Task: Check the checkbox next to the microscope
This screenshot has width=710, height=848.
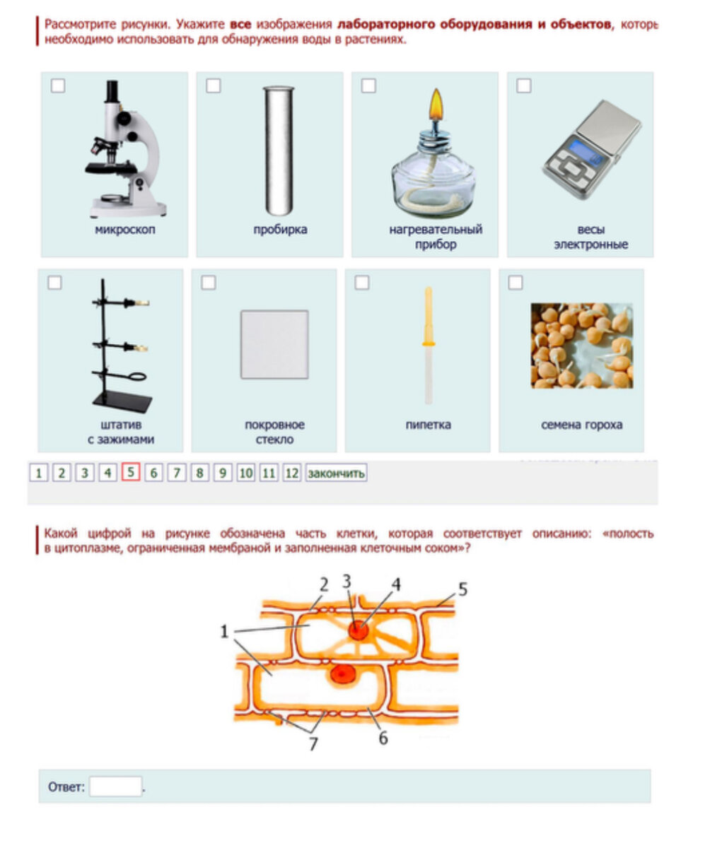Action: (58, 86)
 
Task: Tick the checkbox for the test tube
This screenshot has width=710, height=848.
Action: (214, 86)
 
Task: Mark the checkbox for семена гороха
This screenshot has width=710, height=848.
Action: (516, 282)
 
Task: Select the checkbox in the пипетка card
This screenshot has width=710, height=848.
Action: (361, 282)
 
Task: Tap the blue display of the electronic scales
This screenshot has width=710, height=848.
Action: (583, 149)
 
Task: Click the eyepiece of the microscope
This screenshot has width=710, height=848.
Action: (112, 91)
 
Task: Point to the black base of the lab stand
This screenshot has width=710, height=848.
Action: (122, 401)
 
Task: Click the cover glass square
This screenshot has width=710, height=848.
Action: (274, 344)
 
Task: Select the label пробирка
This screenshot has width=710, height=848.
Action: (280, 230)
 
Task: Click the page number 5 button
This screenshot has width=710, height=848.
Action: (130, 472)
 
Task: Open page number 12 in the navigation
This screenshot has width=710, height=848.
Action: (292, 473)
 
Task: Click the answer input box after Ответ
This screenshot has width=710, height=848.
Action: (116, 787)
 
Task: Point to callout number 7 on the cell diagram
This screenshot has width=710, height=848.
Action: (313, 744)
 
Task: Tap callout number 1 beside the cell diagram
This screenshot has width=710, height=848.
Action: (224, 632)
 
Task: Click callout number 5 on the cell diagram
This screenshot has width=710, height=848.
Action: (463, 589)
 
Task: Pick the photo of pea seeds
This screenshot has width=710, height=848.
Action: (581, 346)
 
